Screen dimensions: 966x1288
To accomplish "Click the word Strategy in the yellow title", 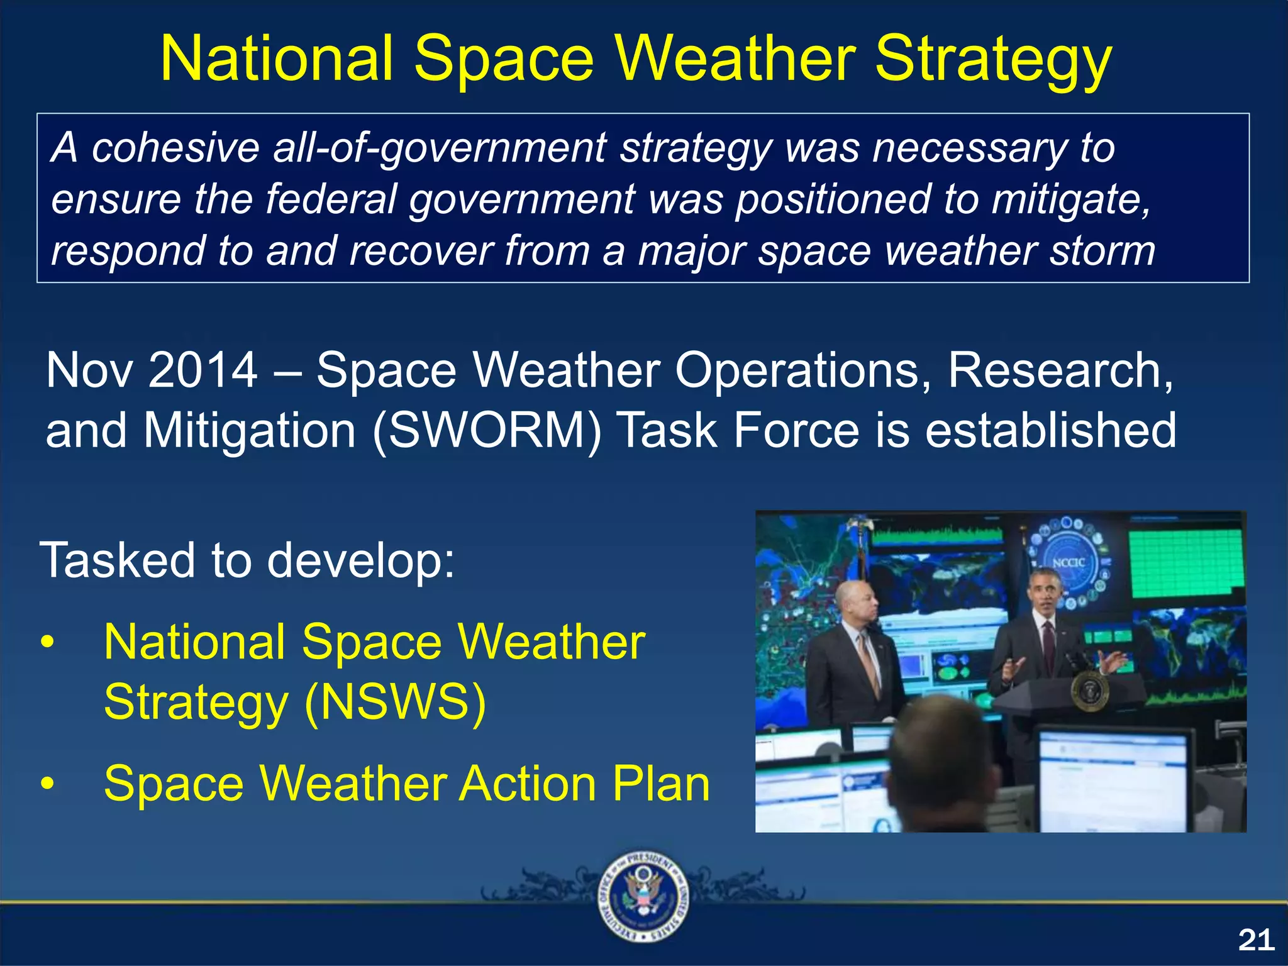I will pos(994,60).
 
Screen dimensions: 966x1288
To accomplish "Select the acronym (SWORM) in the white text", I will pos(487,431).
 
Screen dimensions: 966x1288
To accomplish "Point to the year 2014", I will pos(203,370).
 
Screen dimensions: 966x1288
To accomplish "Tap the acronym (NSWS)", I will pos(395,702).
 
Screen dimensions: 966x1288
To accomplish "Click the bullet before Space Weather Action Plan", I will pos(48,784).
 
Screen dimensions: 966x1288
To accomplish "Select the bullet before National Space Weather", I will pos(48,643).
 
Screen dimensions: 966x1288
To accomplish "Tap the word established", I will pos(1050,431).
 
